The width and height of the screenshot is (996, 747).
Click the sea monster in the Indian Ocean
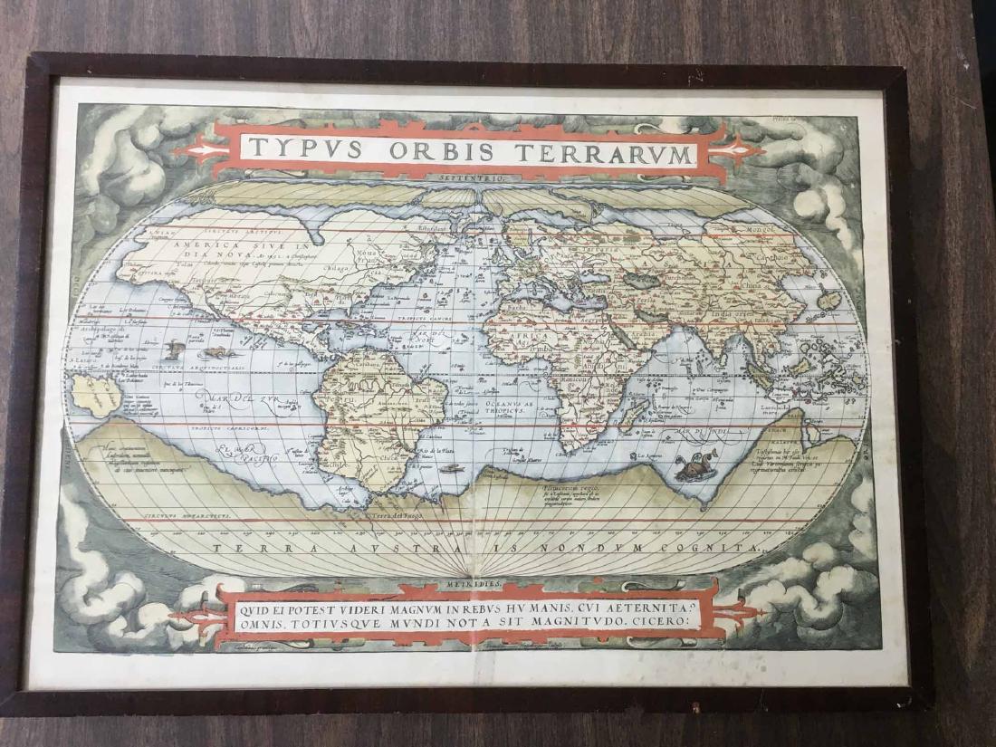[x=695, y=467]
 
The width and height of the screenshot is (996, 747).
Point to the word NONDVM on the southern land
[x=614, y=548]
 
